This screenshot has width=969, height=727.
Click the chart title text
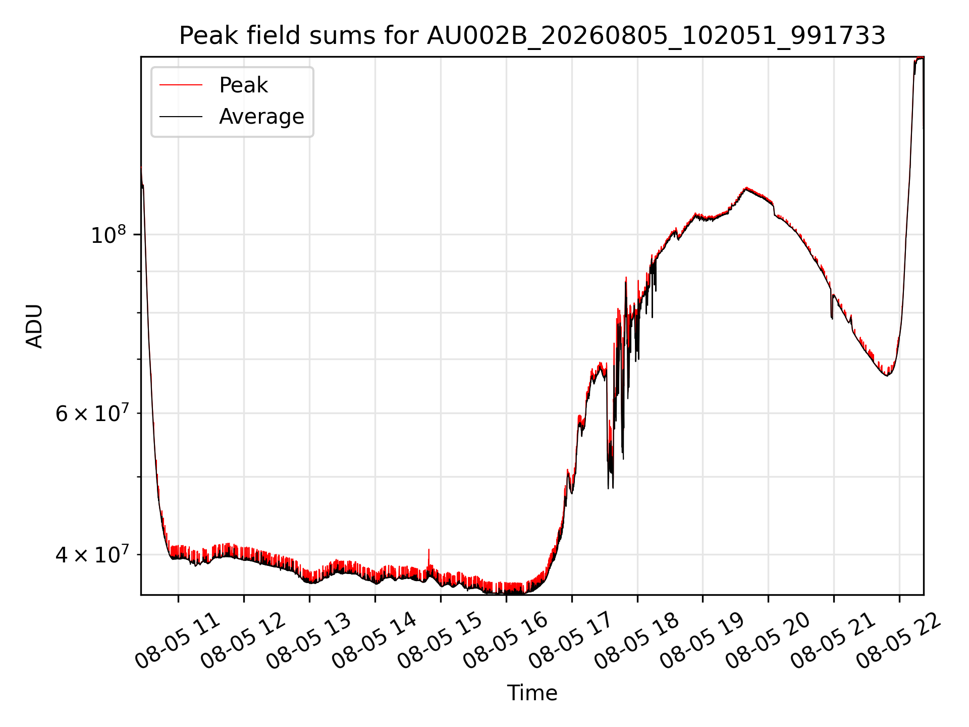532,36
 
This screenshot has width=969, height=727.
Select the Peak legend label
243,85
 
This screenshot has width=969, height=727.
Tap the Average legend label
261,117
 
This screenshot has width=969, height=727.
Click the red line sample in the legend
181,85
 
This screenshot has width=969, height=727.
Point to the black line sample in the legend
181,117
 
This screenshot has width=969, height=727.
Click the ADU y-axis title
34,326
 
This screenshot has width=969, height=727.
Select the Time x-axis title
532,693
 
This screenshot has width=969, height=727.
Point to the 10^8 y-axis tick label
108,234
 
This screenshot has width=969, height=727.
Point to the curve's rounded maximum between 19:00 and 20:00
746,189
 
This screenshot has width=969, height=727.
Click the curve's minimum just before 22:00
887,375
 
